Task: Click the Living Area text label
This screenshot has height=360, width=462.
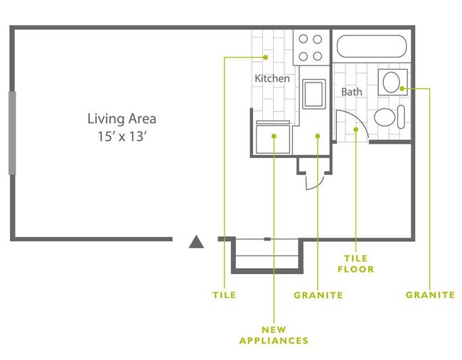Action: tap(121, 119)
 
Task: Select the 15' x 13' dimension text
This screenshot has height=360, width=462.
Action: tap(121, 137)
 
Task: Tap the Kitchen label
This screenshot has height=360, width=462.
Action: tap(272, 78)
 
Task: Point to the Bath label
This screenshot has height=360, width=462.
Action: tap(351, 92)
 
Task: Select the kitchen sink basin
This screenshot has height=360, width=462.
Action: tap(313, 93)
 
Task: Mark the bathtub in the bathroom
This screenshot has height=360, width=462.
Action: tap(370, 48)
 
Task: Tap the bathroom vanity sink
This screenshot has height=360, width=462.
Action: tap(391, 83)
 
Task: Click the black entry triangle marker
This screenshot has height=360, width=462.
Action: tap(197, 243)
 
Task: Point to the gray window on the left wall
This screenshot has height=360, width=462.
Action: tap(12, 132)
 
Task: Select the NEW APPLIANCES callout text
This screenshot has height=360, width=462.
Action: tap(274, 335)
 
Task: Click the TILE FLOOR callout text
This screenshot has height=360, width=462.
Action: tap(357, 264)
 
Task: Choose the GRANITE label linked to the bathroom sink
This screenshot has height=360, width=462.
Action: tap(430, 295)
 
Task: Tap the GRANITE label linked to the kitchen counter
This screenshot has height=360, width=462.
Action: tap(318, 295)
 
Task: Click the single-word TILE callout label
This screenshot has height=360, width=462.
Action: tap(224, 295)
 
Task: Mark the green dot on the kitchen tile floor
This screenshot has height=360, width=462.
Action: tap(265, 57)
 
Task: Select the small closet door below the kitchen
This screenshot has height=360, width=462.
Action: tap(313, 182)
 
